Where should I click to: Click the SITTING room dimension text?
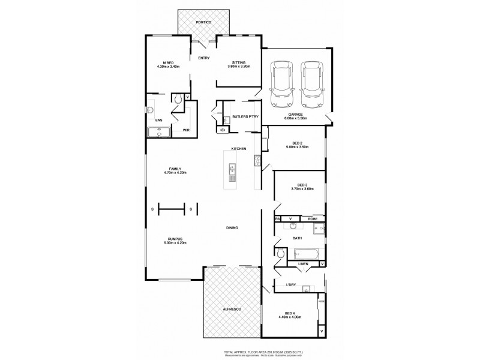pos(239,67)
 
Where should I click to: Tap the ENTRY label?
pos(203,58)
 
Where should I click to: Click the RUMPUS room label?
pos(175,241)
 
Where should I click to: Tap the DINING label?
pos(233,228)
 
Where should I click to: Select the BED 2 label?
pos(297,144)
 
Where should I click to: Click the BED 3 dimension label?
pos(302,190)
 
